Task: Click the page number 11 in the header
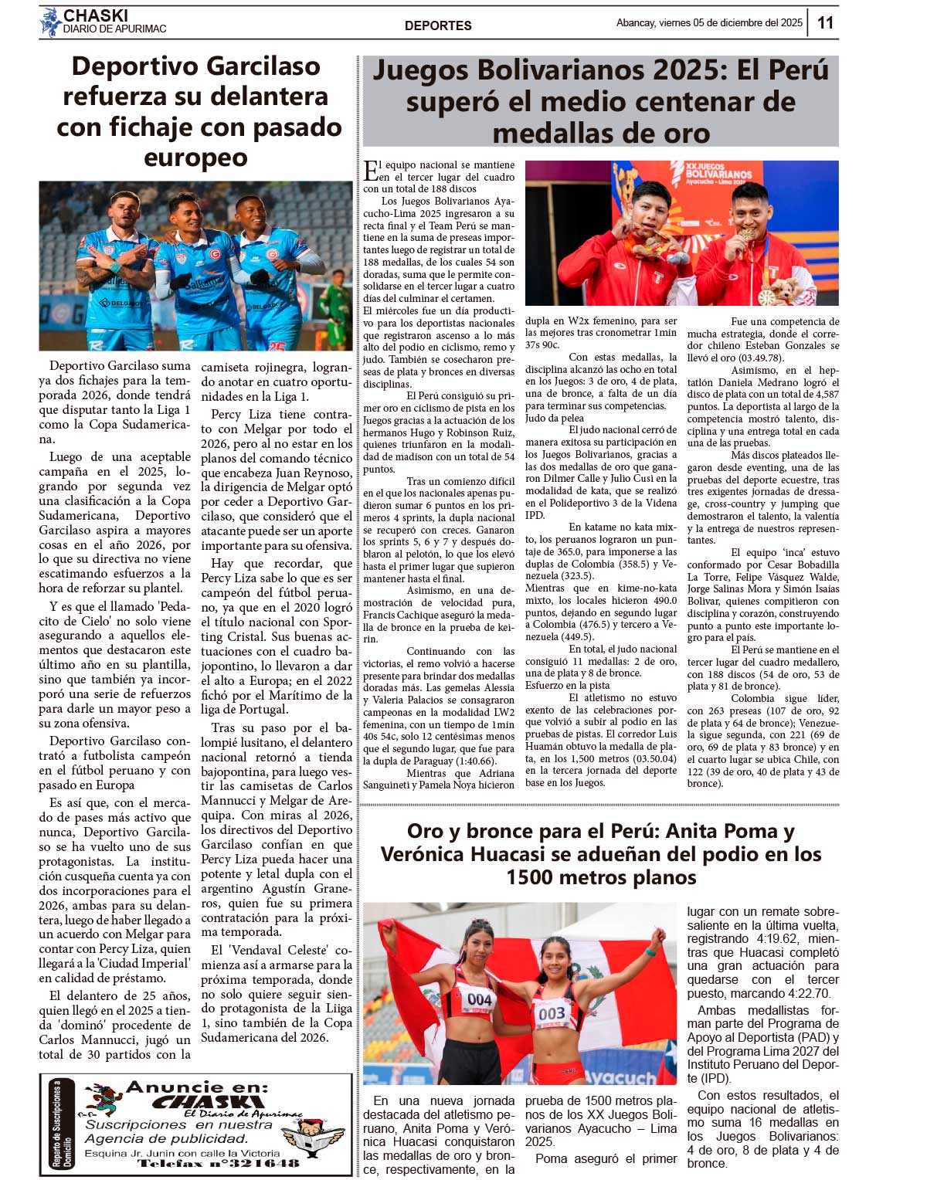pos(825,22)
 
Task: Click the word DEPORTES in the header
pos(438,25)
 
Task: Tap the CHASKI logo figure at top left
pos(50,22)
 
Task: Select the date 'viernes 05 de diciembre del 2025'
pos(730,23)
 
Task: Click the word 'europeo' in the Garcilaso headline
pos(195,158)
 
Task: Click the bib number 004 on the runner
pos(479,999)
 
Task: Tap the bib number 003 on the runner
pos(551,1013)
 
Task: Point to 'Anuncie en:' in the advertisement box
pos(197,1087)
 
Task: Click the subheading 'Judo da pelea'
pos(554,419)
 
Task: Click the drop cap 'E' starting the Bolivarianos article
pos(371,171)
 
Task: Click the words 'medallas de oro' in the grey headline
pos(601,133)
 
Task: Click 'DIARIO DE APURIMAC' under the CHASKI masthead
pos(114,29)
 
